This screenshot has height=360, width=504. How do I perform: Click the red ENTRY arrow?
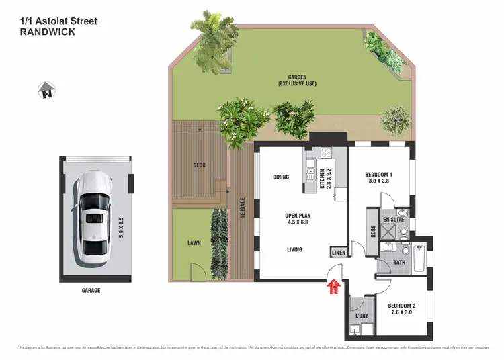point(336,287)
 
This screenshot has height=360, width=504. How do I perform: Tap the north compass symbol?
point(46,89)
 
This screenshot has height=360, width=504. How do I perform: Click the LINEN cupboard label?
point(338,252)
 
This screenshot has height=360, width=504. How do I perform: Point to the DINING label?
point(281,177)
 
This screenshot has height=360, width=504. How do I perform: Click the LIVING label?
point(294,249)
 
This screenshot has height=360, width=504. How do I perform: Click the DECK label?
point(199,165)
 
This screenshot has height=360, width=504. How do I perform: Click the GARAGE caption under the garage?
point(91,291)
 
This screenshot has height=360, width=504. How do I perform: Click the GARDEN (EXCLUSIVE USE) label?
point(297,80)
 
